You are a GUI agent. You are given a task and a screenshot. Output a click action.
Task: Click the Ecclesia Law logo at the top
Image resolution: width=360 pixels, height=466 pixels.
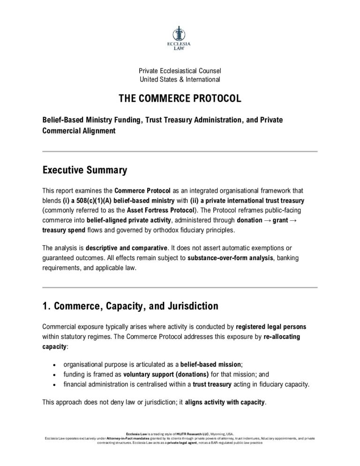[180, 38]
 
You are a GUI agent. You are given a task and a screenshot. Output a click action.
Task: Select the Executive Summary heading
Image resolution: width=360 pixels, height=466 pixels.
[84, 170]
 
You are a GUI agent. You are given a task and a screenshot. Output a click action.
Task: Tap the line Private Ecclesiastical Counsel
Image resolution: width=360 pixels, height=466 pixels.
[180, 71]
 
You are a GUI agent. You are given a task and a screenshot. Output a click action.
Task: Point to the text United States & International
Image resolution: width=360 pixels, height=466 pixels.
[180, 80]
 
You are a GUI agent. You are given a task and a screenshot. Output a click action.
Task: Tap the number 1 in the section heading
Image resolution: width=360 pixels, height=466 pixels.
[45, 307]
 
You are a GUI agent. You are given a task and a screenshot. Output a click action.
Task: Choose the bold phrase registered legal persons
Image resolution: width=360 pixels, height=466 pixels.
[271, 327]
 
